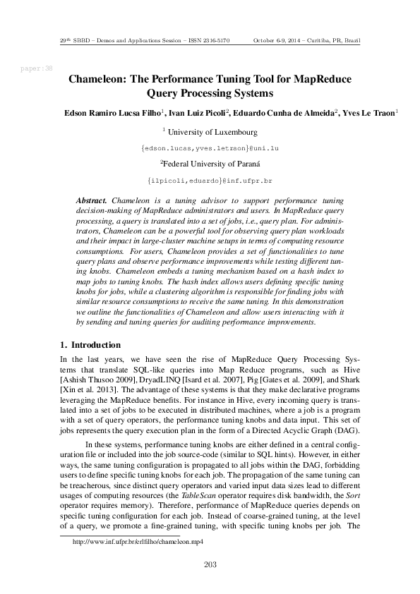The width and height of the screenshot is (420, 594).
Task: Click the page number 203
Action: coord(210,563)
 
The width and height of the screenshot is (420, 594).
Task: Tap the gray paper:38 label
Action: coord(37,68)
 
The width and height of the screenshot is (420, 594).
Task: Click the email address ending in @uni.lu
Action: coord(210,148)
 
